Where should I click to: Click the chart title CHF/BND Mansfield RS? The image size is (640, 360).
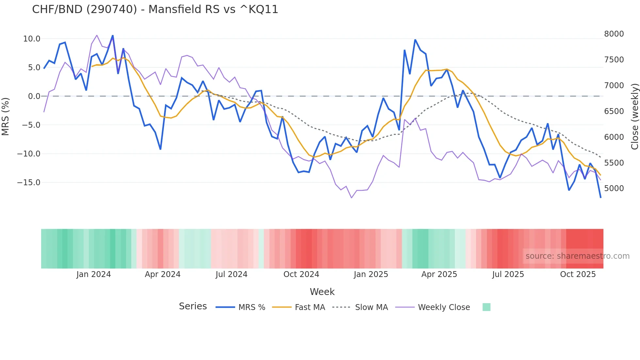[155, 9]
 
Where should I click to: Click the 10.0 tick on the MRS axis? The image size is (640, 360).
[32, 39]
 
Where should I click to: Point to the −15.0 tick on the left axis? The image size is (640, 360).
[29, 183]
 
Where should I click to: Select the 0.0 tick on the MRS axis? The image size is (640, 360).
[34, 96]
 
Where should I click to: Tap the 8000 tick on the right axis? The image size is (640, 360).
[614, 34]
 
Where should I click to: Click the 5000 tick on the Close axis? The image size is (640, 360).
[614, 188]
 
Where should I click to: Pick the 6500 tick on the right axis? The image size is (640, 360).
[614, 111]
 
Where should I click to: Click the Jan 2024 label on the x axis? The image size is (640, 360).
[94, 274]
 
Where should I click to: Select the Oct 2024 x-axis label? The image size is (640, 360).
[301, 274]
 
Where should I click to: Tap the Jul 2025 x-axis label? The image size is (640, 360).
[508, 274]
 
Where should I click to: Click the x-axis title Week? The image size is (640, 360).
[322, 292]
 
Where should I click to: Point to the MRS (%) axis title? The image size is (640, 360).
[6, 116]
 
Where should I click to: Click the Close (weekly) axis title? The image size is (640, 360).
[634, 116]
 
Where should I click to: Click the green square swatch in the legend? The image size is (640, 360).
[486, 307]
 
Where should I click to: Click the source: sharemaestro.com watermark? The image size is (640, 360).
[577, 256]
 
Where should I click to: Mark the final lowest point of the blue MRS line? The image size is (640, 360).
[600, 197]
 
